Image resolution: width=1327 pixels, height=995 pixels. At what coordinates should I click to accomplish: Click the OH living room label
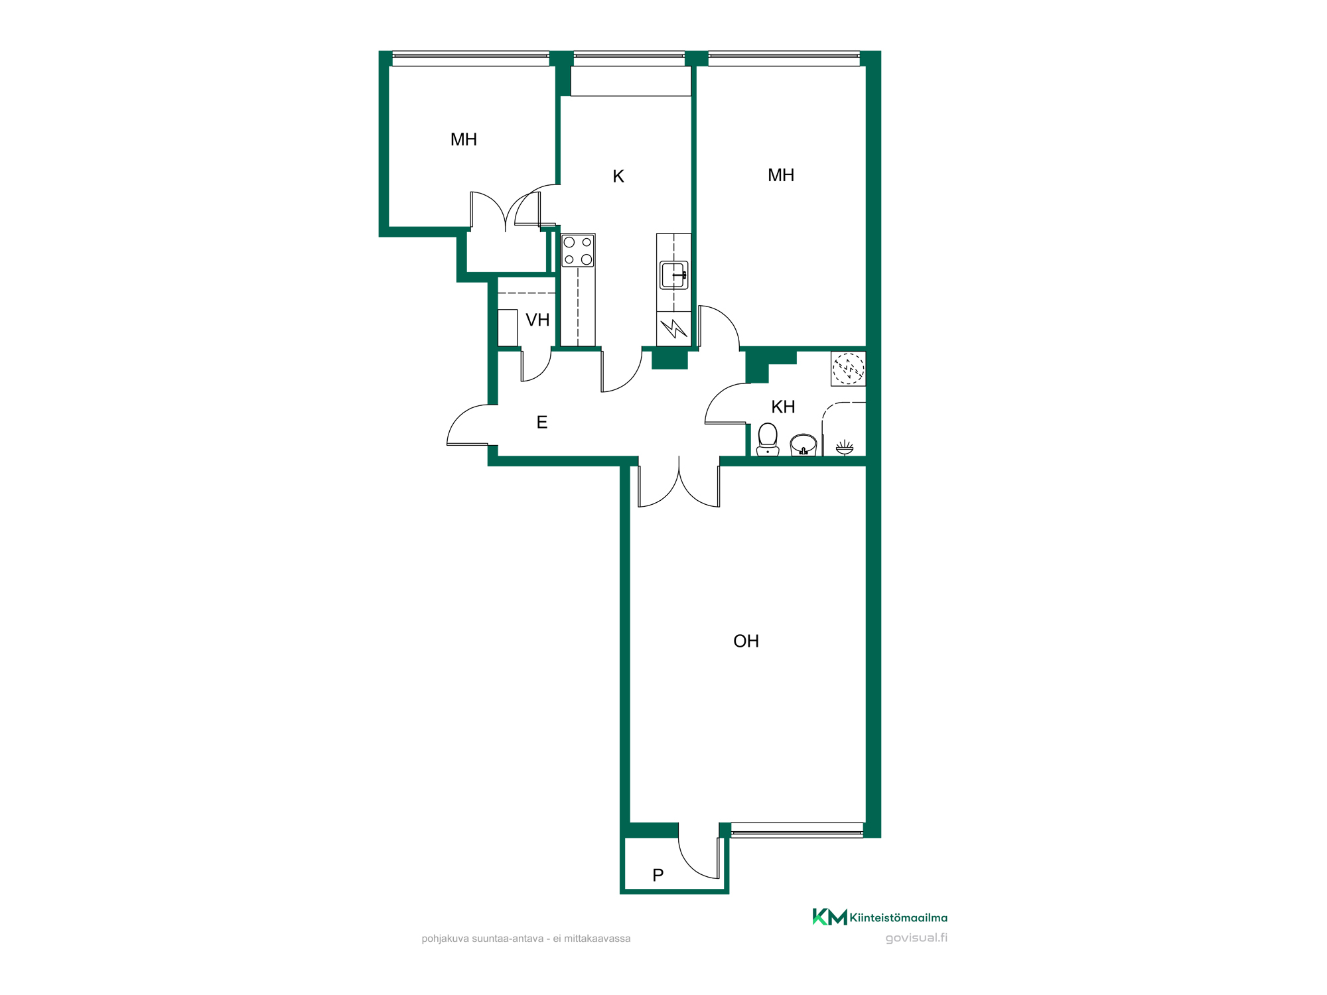pos(746,641)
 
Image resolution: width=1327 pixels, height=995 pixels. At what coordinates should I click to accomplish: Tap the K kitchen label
pos(618,176)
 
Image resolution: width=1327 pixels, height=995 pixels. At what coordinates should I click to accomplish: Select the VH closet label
pos(537,320)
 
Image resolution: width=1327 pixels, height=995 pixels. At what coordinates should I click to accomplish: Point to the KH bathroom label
pos(783,407)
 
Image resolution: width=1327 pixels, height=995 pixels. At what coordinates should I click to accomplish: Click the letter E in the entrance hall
pos(542,423)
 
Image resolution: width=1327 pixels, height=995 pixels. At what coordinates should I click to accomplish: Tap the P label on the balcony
pos(658,876)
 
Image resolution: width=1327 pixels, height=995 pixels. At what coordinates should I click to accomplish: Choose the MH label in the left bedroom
pos(464,140)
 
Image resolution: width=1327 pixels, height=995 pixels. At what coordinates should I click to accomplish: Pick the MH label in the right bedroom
pos(781,175)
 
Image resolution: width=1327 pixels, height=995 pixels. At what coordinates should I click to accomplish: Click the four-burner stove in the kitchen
pos(578,251)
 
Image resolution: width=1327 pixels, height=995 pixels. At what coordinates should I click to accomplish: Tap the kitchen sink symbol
pos(674,275)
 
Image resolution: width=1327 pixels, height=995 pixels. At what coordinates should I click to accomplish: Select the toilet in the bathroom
pos(768,439)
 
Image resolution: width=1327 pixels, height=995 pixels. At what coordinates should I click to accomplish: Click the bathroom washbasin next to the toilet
pos(803,444)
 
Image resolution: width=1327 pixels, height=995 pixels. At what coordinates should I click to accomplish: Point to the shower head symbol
pos(845,448)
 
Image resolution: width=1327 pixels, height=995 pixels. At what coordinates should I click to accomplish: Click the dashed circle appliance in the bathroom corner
pos(849,369)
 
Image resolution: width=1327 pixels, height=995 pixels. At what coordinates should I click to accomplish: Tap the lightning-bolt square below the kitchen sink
pos(674,328)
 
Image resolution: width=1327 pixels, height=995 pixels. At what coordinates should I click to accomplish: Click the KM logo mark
pos(830,917)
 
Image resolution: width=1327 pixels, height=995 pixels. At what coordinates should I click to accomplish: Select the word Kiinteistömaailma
pos(898,918)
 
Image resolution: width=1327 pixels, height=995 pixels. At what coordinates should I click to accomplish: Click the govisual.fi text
pos(916,938)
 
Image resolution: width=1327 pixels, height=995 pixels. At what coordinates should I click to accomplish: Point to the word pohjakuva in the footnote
pos(445,939)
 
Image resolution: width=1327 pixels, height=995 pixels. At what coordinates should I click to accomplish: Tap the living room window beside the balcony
pos(797,830)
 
